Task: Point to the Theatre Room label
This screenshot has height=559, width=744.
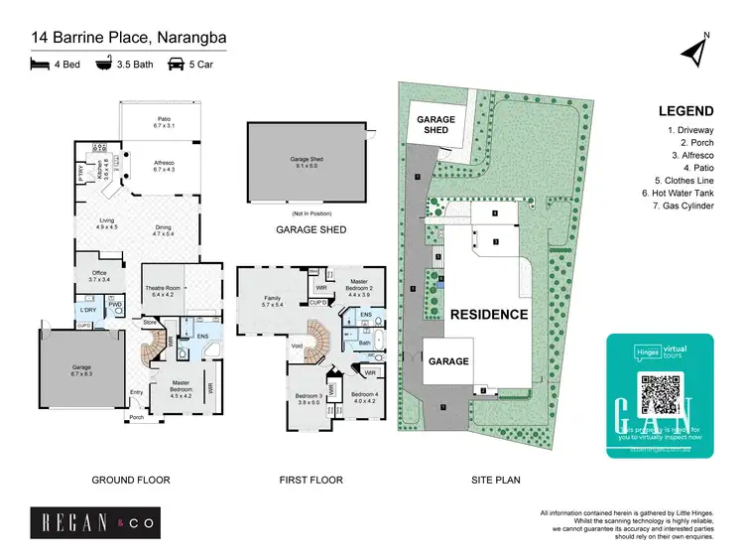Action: pos(164,292)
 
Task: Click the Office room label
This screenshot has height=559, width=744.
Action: pos(97,277)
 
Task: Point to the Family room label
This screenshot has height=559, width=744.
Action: pos(274,301)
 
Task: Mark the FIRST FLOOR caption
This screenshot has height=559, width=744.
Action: pos(311,481)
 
